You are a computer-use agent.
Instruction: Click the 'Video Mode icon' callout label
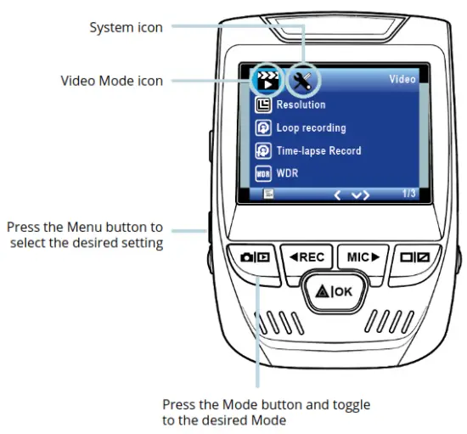coord(111,81)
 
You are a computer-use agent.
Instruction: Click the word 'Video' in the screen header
coord(402,80)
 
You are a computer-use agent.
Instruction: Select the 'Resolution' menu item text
coord(301,105)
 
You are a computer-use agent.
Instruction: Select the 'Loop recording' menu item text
coord(311,128)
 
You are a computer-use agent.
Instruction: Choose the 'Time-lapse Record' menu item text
coord(318,151)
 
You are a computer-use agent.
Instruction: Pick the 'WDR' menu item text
coord(289,173)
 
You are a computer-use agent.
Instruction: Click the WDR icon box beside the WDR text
coord(263,173)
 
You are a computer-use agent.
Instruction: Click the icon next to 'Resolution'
coord(263,105)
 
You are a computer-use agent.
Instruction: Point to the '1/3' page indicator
coord(408,194)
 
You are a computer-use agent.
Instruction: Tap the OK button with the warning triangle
coord(335,292)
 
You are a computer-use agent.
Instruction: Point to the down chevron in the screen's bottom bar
coord(360,195)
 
